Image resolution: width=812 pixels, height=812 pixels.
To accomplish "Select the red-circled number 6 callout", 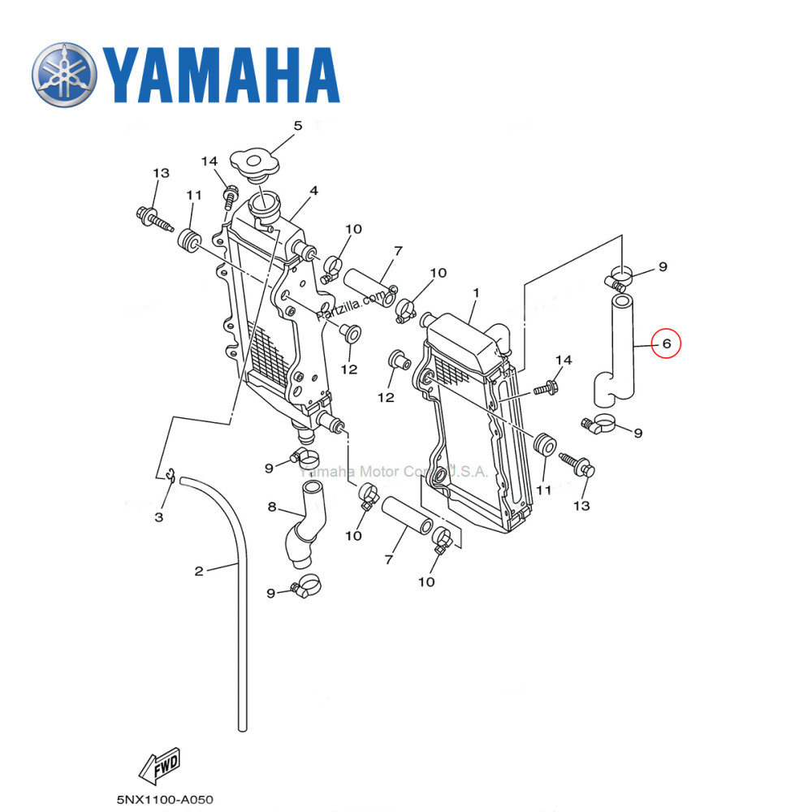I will [x=667, y=343].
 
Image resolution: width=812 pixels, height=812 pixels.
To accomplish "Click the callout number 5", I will [x=297, y=126].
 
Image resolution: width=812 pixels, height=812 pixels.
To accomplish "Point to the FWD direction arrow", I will [x=159, y=766].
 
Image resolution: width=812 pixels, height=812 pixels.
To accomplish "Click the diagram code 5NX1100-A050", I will [x=165, y=800].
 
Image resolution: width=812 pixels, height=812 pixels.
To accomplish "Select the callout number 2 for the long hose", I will [x=199, y=571].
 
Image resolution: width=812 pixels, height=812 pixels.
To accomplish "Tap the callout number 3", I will [x=159, y=517].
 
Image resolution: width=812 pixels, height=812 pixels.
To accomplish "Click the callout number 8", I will [x=273, y=508].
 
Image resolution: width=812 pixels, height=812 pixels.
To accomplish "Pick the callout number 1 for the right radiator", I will [x=477, y=292].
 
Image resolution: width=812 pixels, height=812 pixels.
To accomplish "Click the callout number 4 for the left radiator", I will [x=313, y=190].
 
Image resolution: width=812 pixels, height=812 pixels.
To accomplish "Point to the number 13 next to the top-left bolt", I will [x=160, y=173].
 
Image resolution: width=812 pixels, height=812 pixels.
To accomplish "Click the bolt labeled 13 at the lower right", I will [x=585, y=467].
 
